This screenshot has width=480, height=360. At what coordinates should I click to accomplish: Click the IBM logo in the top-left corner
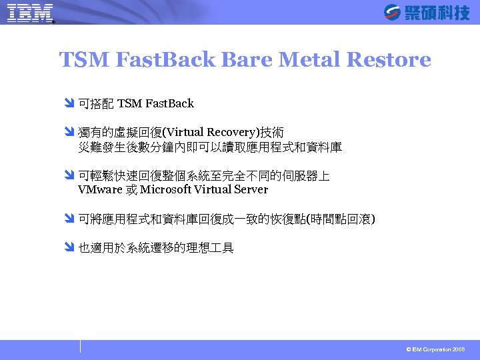tap(30, 13)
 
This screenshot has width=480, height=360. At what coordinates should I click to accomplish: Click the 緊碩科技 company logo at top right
tap(427, 12)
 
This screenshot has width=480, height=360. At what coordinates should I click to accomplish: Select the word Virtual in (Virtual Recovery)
tap(193, 133)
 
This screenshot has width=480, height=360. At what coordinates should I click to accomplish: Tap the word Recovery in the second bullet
tap(238, 133)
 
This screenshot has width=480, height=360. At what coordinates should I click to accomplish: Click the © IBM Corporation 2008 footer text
tap(435, 349)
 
